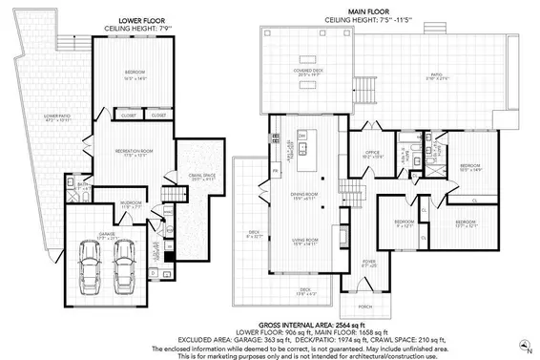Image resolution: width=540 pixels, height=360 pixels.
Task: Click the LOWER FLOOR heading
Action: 143,19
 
